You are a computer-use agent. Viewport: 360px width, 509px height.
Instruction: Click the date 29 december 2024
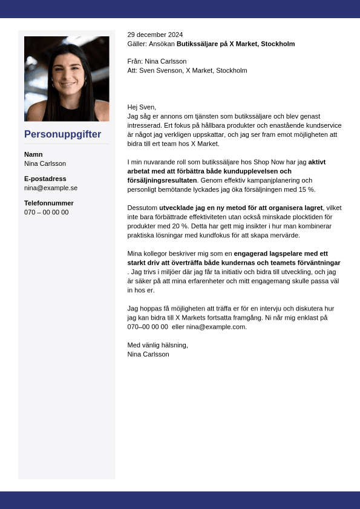coord(155,34)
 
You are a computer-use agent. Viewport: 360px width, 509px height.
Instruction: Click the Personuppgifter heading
coord(62,134)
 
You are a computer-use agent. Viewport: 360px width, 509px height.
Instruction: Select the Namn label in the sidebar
coord(33,154)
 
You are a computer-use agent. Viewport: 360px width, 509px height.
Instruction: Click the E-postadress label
coord(45,179)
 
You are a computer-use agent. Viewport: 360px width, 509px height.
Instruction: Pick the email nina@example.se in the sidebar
coord(51,188)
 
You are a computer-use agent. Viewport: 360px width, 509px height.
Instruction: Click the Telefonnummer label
coord(49,203)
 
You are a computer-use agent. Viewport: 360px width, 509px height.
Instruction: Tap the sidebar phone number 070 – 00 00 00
coord(47,212)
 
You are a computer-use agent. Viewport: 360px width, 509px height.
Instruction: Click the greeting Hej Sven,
coord(142,107)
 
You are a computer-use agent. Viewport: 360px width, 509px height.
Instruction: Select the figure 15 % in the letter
coord(307,189)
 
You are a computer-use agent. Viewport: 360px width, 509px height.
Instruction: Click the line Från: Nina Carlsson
coord(157,61)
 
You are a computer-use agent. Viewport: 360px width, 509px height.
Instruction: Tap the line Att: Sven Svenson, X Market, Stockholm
coord(187,70)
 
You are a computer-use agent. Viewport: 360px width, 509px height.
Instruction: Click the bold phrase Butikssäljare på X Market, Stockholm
coord(235,44)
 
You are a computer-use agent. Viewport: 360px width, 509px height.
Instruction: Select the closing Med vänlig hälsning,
coord(157,345)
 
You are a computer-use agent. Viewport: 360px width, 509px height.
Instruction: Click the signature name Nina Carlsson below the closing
coord(148,354)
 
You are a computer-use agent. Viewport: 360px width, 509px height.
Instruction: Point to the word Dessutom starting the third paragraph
coord(142,208)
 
